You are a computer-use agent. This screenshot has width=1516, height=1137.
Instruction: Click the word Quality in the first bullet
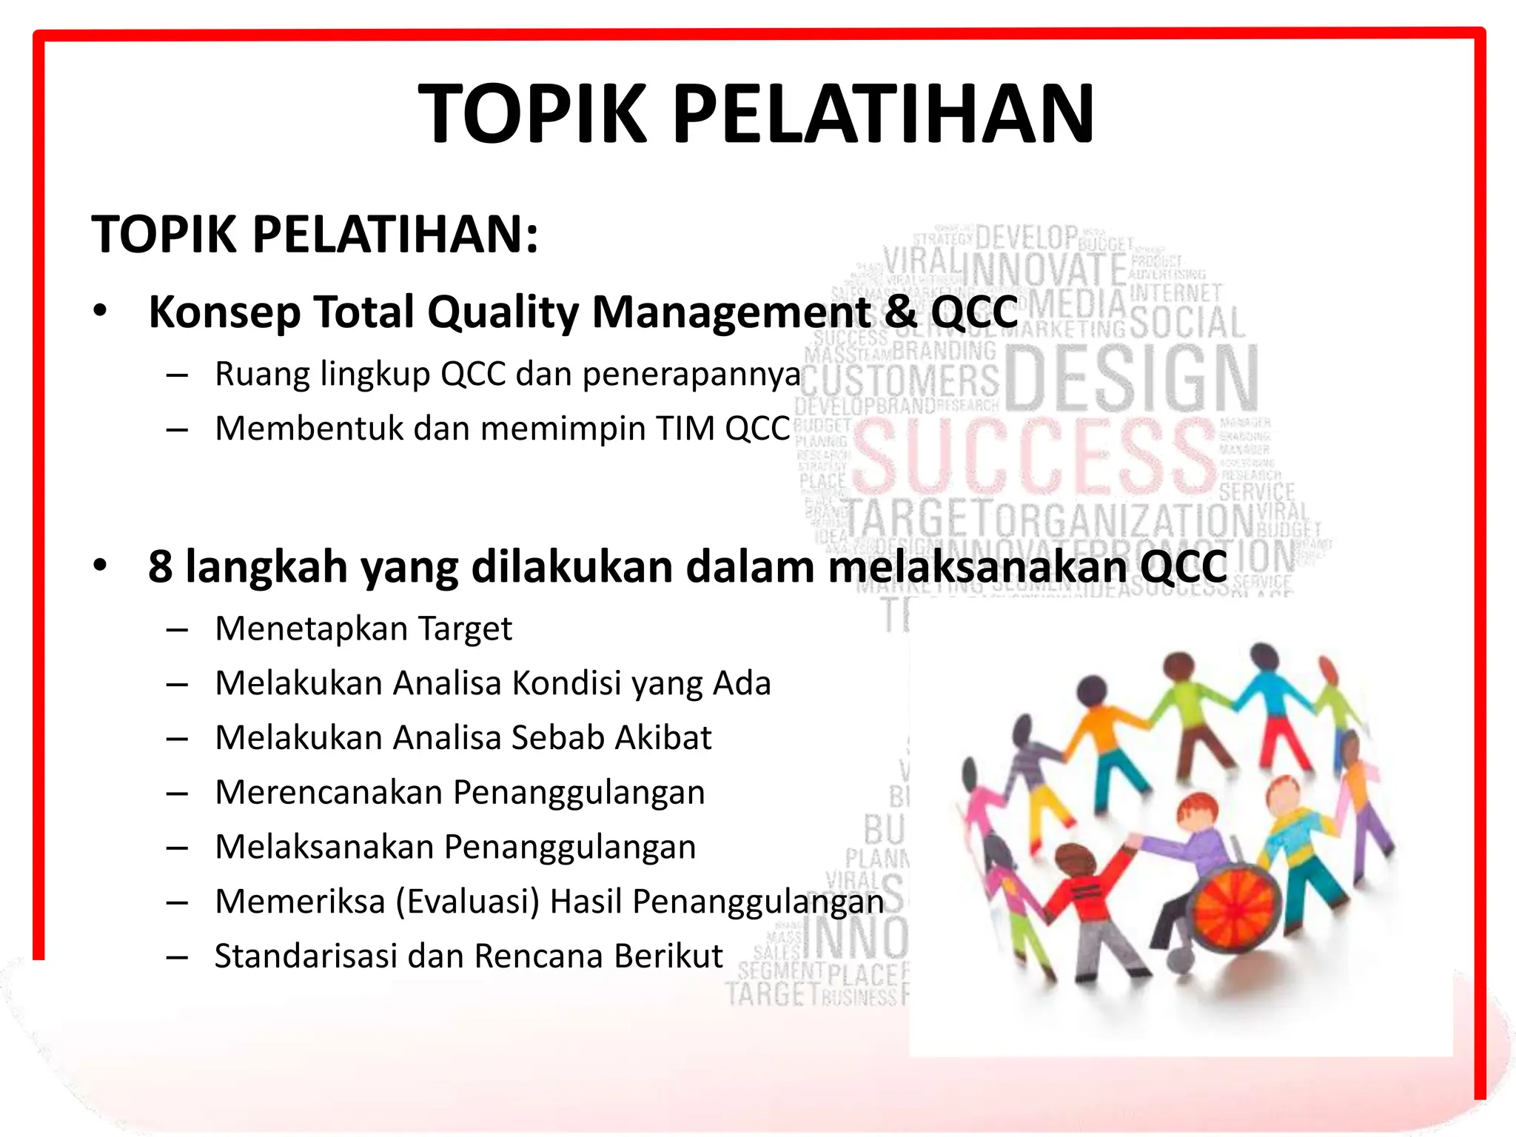pyautogui.click(x=503, y=312)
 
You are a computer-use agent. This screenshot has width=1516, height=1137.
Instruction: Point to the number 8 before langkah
pyautogui.click(x=160, y=567)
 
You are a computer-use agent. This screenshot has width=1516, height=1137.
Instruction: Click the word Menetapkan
pyautogui.click(x=311, y=629)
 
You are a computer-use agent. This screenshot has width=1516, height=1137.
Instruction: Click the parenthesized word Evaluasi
pyautogui.click(x=468, y=902)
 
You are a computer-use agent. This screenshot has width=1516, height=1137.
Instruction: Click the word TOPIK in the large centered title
pyautogui.click(x=533, y=114)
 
